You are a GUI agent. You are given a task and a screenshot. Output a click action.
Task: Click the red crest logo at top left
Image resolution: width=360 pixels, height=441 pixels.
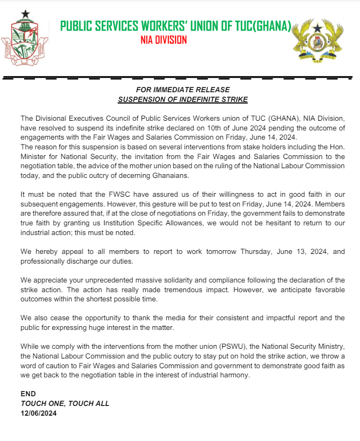25,40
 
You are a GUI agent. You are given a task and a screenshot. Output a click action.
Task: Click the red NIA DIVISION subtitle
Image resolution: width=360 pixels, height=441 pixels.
164,40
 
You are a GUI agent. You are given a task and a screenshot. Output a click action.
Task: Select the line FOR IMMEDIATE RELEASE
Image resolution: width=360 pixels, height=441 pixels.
183,89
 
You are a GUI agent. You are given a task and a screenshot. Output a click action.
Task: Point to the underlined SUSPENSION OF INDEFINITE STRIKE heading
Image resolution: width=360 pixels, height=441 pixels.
183,99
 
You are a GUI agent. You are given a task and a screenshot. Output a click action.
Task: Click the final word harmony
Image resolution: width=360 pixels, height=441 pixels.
235,375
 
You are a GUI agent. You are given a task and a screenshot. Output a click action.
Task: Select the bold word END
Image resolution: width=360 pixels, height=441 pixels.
28,394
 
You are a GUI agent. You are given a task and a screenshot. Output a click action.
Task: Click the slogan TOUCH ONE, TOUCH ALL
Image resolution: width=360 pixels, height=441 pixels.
65,403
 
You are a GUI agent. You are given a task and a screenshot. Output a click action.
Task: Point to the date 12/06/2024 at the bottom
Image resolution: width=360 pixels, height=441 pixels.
38,414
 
